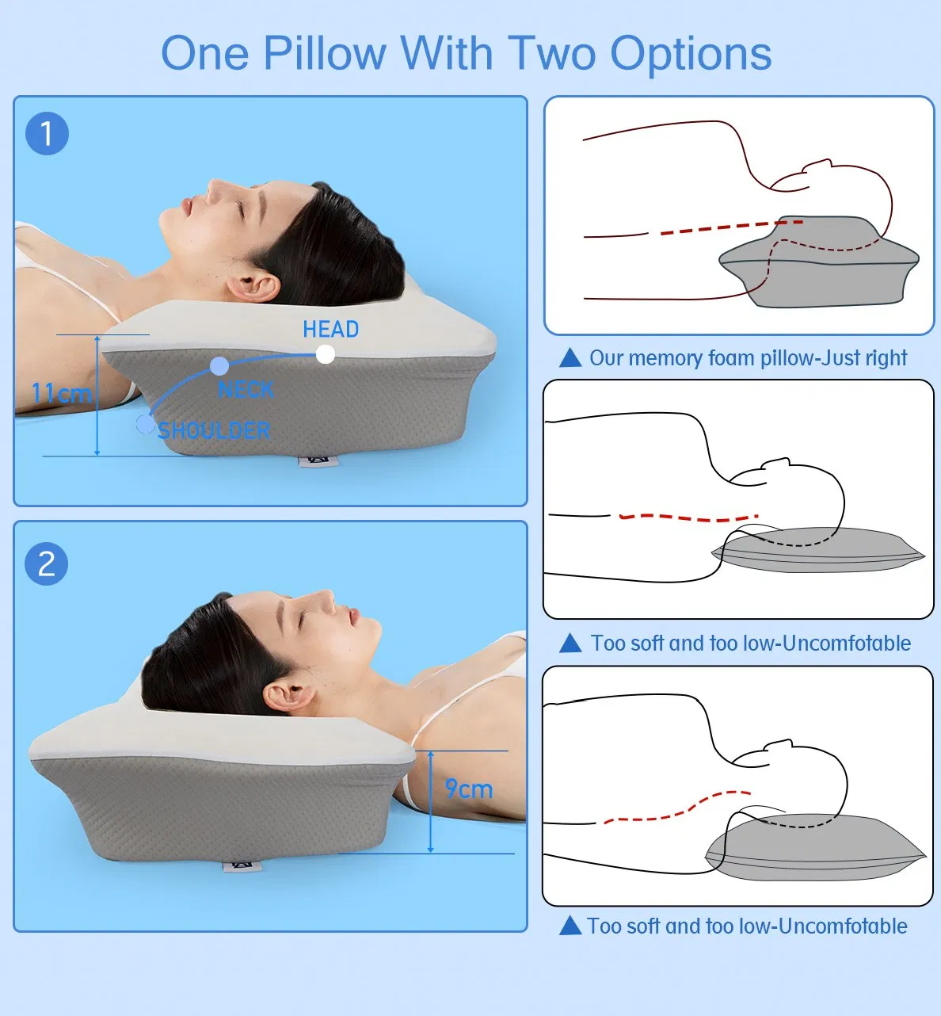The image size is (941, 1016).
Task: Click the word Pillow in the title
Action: click(324, 54)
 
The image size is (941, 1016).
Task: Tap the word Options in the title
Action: click(690, 54)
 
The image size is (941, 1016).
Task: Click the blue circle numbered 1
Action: click(47, 133)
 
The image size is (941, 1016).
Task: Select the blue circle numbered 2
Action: click(47, 563)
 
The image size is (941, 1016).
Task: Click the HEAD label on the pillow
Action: click(330, 329)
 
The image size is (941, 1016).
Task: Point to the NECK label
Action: click(246, 390)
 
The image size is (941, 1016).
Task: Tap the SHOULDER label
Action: click(214, 430)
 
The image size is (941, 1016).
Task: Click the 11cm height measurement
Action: click(61, 393)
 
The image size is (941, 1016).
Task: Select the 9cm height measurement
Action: click(468, 789)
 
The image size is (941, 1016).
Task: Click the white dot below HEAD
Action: click(325, 354)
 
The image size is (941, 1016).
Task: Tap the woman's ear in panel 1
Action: click(253, 286)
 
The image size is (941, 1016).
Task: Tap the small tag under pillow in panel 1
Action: click(317, 460)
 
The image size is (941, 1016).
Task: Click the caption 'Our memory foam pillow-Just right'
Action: click(748, 358)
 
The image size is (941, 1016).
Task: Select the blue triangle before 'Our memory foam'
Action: click(570, 358)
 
